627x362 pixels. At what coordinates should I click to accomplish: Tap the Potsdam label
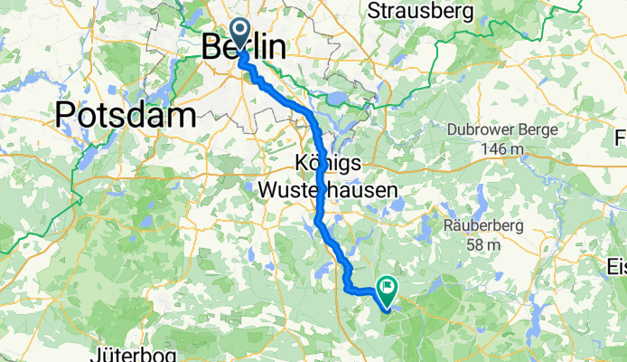(x=126, y=115)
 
